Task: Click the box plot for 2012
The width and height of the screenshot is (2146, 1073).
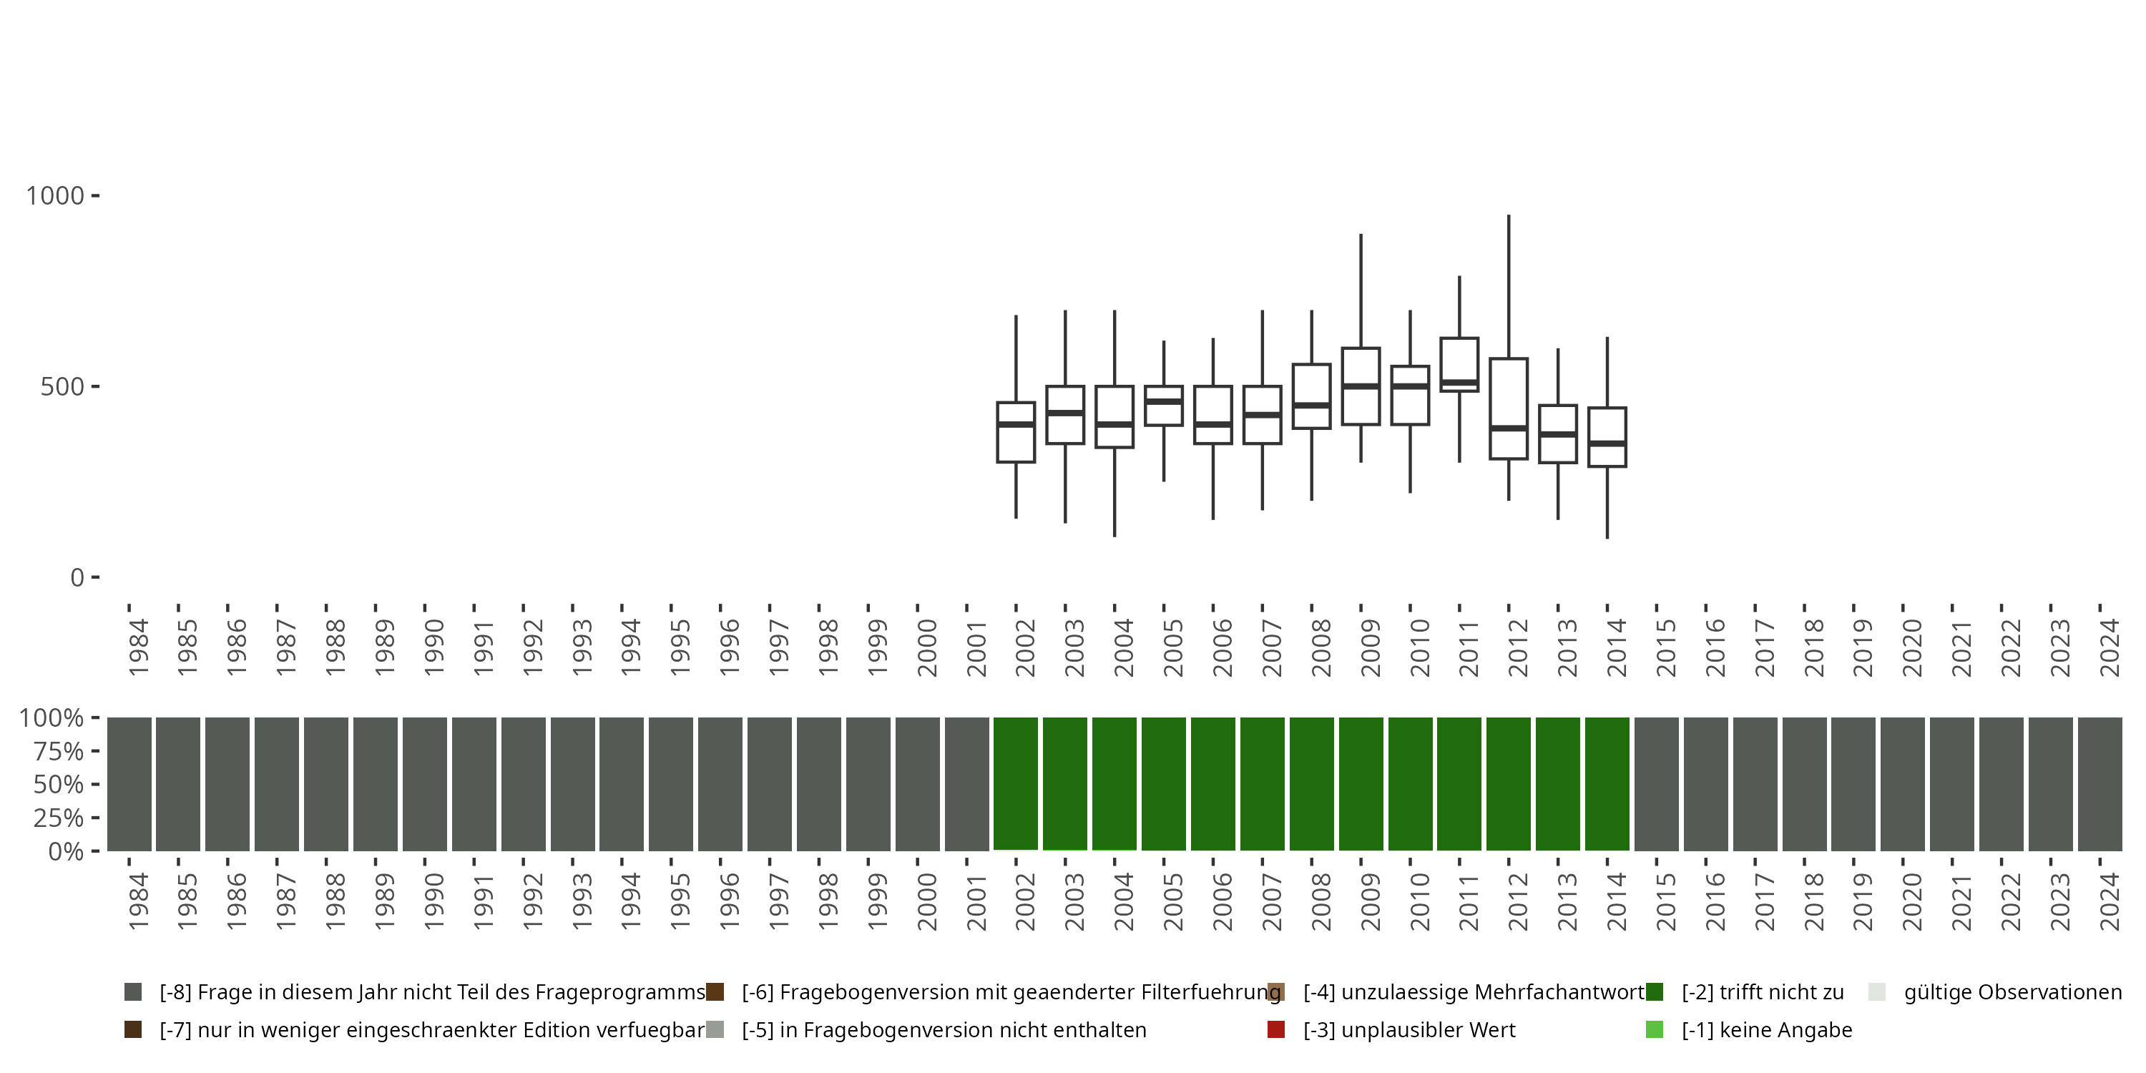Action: tap(1508, 408)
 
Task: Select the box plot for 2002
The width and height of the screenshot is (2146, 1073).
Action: tap(1016, 432)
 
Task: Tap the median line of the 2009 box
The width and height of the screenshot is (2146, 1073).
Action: tap(1361, 386)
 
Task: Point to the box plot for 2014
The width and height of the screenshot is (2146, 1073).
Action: tap(1607, 436)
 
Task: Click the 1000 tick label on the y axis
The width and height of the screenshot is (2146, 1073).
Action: tap(56, 196)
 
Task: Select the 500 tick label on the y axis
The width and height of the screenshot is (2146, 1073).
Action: tap(62, 386)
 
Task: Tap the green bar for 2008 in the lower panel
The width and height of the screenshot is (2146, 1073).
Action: tap(1311, 784)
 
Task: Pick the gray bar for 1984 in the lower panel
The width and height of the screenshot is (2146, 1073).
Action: tap(129, 784)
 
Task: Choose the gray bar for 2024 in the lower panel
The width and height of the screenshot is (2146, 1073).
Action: tap(2100, 784)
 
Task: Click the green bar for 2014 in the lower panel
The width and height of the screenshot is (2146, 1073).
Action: tap(1607, 784)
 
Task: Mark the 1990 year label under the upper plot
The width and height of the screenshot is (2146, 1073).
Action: tap(433, 647)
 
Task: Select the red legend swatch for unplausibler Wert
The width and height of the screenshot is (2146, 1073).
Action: tap(1275, 1029)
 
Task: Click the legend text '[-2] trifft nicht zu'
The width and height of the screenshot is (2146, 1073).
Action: tap(1762, 992)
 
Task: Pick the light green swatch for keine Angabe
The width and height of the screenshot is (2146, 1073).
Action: tap(1654, 1029)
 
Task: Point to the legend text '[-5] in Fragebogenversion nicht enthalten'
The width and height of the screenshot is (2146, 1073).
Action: tap(944, 1029)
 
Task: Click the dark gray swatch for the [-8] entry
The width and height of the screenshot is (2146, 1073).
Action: tap(132, 992)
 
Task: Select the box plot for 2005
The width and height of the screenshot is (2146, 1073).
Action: tap(1163, 406)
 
